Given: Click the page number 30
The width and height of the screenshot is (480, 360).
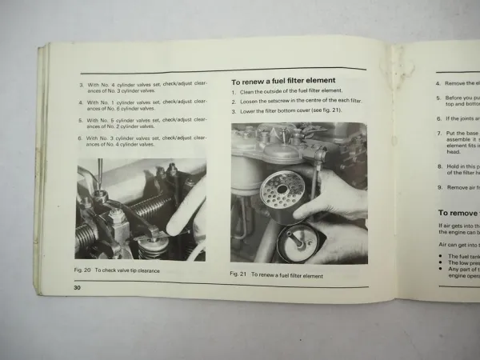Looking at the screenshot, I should tap(78, 288).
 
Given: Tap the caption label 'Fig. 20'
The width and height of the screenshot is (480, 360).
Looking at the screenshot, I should tap(82, 270).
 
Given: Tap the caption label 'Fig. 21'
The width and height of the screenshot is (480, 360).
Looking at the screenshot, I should tap(238, 274).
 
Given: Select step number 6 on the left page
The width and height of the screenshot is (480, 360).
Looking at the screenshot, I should tap(80, 138).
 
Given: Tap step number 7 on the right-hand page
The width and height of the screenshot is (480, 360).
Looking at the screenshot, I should tap(439, 132).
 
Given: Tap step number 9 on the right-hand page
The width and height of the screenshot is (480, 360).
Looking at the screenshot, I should tap(439, 187).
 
